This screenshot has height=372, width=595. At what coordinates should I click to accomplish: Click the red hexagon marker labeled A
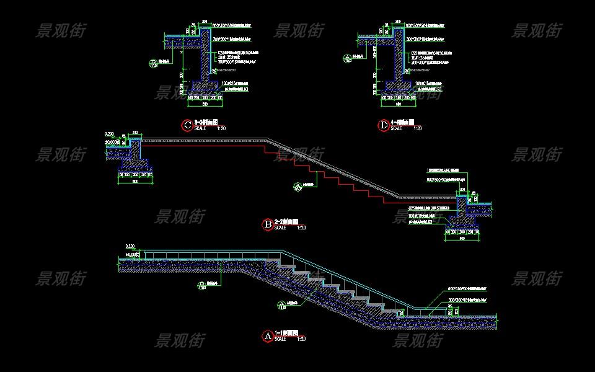pyautogui.click(x=268, y=336)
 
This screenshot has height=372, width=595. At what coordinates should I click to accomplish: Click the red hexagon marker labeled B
pyautogui.click(x=268, y=224)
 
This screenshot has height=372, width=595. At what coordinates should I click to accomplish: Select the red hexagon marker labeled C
pyautogui.click(x=187, y=125)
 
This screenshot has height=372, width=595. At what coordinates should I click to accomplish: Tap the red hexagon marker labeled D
pyautogui.click(x=384, y=125)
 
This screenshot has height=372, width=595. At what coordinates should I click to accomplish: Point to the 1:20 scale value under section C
pyautogui.click(x=221, y=129)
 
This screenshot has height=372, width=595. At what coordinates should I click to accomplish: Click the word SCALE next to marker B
pyautogui.click(x=280, y=228)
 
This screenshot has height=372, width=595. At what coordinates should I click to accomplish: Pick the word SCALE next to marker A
pyautogui.click(x=280, y=339)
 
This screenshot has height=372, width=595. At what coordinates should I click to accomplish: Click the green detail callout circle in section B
pyautogui.click(x=297, y=185)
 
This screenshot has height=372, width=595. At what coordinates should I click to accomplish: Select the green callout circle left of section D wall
pyautogui.click(x=347, y=59)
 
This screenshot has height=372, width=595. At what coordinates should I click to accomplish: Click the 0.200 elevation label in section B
pyautogui.click(x=110, y=134)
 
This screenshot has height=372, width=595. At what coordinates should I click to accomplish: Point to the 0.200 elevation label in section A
pyautogui.click(x=130, y=246)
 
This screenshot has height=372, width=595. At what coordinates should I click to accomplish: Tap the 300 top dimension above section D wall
pyautogui.click(x=397, y=21)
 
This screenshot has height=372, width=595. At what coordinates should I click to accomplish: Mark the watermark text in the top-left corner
pyautogui.click(x=61, y=30)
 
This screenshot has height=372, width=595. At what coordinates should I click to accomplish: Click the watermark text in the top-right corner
pyautogui.click(x=537, y=30)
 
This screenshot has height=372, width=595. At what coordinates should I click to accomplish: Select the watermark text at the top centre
pyautogui.click(x=299, y=30)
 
